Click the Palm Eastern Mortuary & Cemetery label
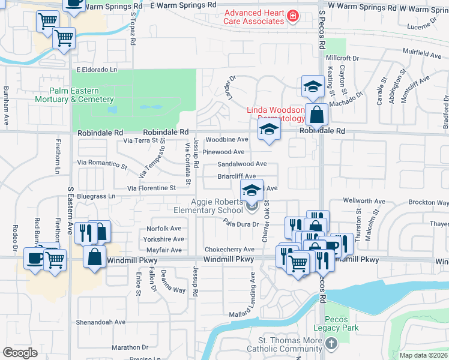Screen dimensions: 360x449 point(74,95)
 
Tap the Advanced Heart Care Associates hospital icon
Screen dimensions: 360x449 point(292,16)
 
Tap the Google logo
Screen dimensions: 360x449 point(20,352)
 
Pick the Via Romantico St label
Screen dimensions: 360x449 point(102,163)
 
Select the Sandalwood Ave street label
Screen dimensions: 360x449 point(242,164)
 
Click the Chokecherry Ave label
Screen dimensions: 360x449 point(230,250)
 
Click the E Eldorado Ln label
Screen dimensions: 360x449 point(96,70)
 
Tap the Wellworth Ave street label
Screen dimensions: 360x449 point(364,201)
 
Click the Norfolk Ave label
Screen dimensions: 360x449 point(164,229)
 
